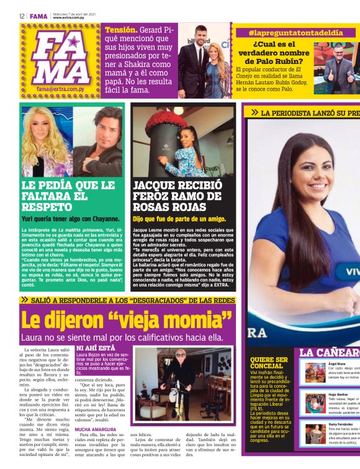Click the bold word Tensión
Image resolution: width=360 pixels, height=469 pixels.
click(120, 29)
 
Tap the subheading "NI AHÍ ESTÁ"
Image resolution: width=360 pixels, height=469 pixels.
click(95, 349)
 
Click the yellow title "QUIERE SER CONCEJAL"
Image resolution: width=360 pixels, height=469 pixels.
click(269, 363)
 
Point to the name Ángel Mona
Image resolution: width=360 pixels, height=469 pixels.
click(337, 363)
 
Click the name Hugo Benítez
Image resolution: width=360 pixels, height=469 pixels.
click(338, 393)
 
